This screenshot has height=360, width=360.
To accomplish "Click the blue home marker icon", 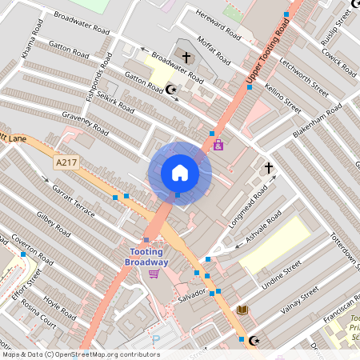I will pos(180,172).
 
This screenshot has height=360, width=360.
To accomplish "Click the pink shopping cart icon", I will pos(154,274).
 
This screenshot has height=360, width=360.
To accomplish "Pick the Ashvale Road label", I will pos(262,230).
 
